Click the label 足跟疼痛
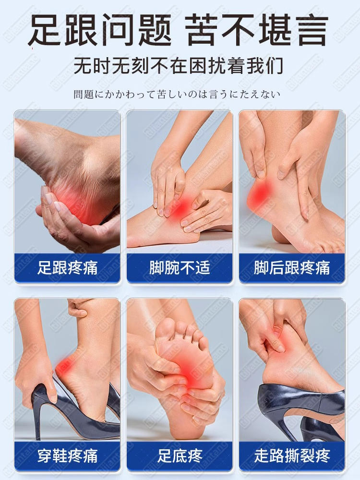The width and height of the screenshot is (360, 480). pyautogui.click(x=67, y=267)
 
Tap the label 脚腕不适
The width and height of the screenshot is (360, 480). pyautogui.click(x=180, y=267)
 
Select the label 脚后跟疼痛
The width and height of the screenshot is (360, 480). pyautogui.click(x=292, y=267)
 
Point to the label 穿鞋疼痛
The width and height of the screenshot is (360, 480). pyautogui.click(x=67, y=456)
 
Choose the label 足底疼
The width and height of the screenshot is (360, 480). pyautogui.click(x=180, y=456)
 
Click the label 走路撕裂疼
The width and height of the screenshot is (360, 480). pyautogui.click(x=292, y=456)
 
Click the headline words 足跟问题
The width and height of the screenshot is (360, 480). pyautogui.click(x=101, y=29)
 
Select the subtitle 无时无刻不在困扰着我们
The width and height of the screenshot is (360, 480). pyautogui.click(x=179, y=65)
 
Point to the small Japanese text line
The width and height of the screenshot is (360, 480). pyautogui.click(x=177, y=94)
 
